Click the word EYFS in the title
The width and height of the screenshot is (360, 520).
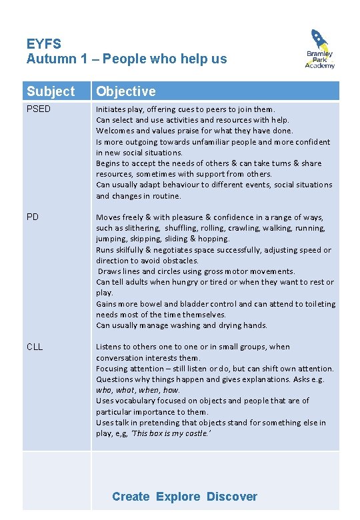(44, 45)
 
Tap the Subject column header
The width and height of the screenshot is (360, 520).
(51, 91)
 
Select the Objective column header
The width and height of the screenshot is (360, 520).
(126, 91)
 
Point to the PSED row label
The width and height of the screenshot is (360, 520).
(39, 109)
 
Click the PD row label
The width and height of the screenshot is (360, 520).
(33, 217)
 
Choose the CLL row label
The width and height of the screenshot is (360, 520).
(35, 347)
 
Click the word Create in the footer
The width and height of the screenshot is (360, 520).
(131, 496)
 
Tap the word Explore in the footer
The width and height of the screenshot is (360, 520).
(178, 496)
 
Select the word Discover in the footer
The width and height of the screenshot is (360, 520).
(231, 496)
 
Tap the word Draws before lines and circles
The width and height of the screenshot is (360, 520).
(110, 271)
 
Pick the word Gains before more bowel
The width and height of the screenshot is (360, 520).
(107, 304)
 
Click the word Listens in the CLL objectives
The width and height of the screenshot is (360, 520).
(110, 347)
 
